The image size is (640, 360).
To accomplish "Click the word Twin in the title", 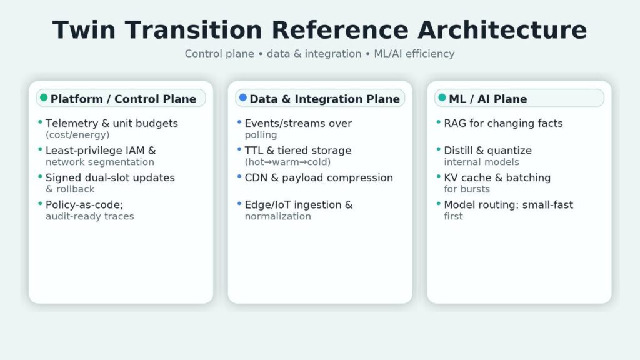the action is pyautogui.click(x=84, y=30).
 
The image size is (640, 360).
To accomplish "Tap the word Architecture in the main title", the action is pyautogui.click(x=502, y=30).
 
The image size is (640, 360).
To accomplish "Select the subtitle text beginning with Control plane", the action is pyautogui.click(x=319, y=54).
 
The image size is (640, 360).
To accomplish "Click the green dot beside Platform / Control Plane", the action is pyautogui.click(x=44, y=97).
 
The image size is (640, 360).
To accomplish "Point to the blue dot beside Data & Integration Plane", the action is pyautogui.click(x=243, y=97).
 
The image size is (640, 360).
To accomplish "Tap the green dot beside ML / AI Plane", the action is pyautogui.click(x=442, y=97).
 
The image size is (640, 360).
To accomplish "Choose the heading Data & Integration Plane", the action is pyautogui.click(x=324, y=99).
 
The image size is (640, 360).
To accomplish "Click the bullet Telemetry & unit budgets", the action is pyautogui.click(x=111, y=123).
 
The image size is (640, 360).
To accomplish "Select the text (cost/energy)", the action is pyautogui.click(x=77, y=135).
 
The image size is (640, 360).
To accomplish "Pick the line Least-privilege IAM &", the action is pyautogui.click(x=101, y=151).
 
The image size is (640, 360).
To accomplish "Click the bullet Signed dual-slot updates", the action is pyautogui.click(x=110, y=177).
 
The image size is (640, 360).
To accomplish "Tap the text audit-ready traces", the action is pyautogui.click(x=90, y=216).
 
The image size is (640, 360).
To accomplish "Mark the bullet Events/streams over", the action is pyautogui.click(x=298, y=123).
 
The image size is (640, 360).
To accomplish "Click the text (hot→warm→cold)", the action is pyautogui.click(x=287, y=162).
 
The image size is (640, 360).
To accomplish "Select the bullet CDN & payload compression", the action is pyautogui.click(x=319, y=177).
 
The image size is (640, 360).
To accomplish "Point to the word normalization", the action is pyautogui.click(x=277, y=216).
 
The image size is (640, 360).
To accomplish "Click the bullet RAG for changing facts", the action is pyautogui.click(x=503, y=123).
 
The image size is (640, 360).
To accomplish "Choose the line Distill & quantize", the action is pyautogui.click(x=487, y=151).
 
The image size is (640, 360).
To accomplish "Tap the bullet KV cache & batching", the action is pyautogui.click(x=497, y=177).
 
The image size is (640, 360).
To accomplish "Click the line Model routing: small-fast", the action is pyautogui.click(x=508, y=205).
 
